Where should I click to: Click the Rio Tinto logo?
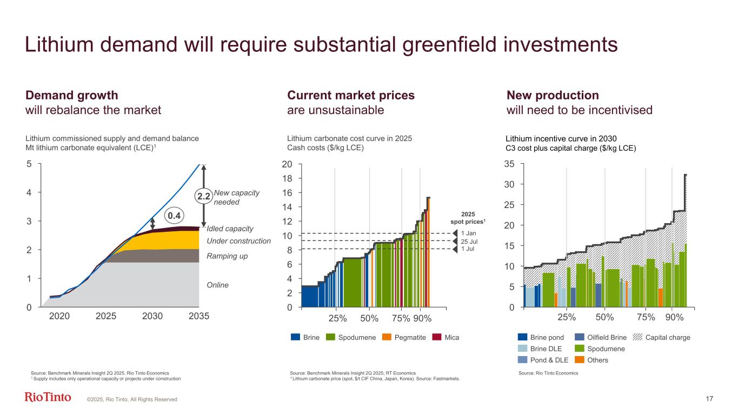[48, 398]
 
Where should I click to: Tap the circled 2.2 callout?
[204, 197]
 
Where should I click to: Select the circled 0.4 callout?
[173, 215]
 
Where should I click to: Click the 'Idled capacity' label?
[230, 229]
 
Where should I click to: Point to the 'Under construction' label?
[238, 241]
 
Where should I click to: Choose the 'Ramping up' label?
[227, 256]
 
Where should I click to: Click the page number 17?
[709, 399]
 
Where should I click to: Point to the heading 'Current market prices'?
[351, 96]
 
